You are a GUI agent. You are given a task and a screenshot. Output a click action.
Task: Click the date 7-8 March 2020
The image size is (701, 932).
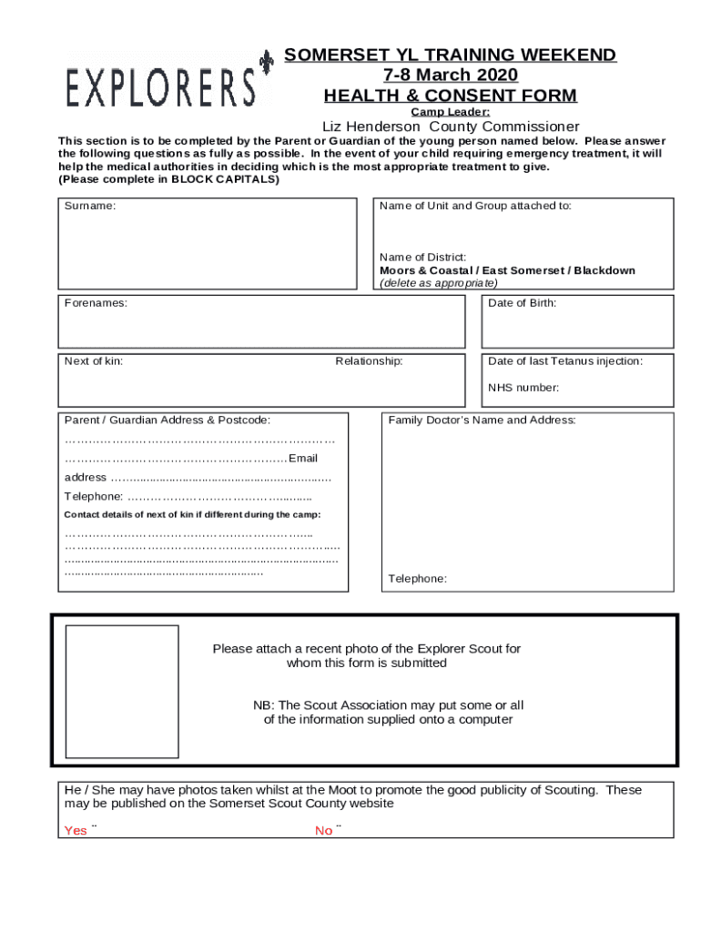451,76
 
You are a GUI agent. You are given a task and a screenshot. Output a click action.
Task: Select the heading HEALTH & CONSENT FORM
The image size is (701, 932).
451,96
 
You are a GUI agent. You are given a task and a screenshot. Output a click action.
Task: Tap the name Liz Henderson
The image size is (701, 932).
371,127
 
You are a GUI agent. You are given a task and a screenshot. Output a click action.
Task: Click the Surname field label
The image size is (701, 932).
90,206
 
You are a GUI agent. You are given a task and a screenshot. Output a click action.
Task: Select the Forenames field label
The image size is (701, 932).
96,303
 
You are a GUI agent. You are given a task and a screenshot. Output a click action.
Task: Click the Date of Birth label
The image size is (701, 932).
522,303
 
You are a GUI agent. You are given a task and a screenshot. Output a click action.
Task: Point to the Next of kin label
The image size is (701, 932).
94,361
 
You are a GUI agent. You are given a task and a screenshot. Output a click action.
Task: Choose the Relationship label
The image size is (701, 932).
369,361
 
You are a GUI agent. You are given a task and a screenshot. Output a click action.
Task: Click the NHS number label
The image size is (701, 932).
523,388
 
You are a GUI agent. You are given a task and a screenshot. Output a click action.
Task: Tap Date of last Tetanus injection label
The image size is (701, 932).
565,361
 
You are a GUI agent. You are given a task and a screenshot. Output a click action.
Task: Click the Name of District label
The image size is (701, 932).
423,258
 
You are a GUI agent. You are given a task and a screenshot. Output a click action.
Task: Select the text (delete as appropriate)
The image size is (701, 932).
439,283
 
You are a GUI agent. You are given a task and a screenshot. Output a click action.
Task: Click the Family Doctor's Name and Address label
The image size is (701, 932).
482,420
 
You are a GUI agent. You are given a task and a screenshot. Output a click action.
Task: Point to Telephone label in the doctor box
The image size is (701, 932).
417,579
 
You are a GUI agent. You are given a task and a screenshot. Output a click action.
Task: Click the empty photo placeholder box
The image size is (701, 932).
122,692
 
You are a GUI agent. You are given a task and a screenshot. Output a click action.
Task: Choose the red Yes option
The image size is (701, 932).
76,830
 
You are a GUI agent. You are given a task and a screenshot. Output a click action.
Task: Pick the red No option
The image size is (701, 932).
324,830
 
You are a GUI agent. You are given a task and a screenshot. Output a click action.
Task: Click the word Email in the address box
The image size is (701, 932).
303,458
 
